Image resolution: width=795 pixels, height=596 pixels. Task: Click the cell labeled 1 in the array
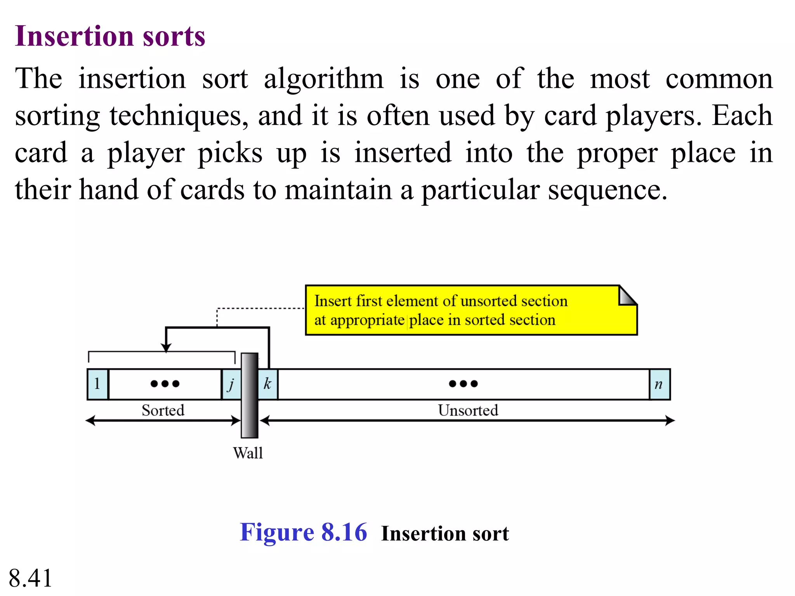(x=97, y=384)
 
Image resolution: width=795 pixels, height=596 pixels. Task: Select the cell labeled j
(x=231, y=384)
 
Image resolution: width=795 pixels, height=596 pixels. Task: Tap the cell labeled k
(x=268, y=384)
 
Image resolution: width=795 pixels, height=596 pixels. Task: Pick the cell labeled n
(x=659, y=384)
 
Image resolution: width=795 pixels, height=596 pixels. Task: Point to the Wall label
(x=248, y=453)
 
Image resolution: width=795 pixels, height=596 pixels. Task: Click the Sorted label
(x=163, y=410)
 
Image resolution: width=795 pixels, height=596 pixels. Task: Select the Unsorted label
(x=468, y=410)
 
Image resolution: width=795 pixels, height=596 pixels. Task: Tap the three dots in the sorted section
(x=165, y=384)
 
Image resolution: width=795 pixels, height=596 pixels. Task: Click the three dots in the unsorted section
(x=463, y=384)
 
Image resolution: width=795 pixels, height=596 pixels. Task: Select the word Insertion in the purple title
(x=74, y=36)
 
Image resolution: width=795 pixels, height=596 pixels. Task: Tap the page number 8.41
(x=30, y=578)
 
